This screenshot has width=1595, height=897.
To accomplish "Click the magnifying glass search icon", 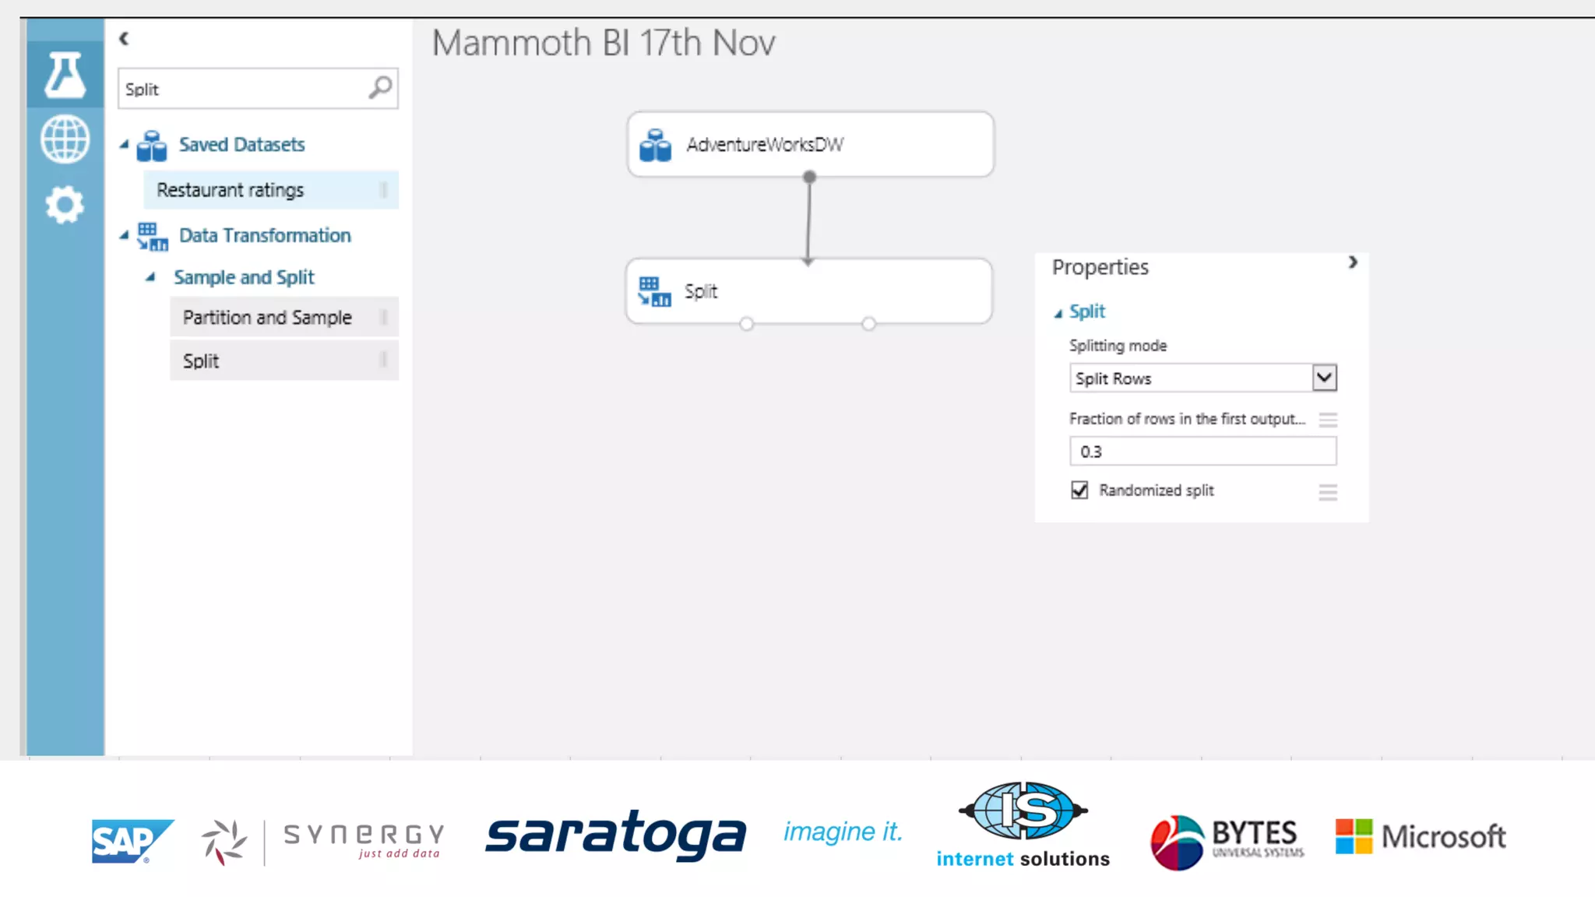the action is (x=380, y=87).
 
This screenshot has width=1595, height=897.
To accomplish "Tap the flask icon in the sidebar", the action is (x=65, y=76).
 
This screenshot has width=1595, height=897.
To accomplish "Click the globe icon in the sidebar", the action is (x=65, y=139).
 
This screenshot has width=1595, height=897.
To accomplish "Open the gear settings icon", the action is (x=65, y=205).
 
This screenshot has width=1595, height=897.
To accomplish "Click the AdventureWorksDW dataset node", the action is (x=810, y=144).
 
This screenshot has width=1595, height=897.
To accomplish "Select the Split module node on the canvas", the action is (x=808, y=290).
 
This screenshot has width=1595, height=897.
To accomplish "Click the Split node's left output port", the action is (x=746, y=324).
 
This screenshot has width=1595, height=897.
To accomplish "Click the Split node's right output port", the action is (x=868, y=324).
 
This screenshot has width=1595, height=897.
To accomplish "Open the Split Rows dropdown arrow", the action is (x=1324, y=378).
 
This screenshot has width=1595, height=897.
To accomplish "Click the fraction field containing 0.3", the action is (x=1202, y=452).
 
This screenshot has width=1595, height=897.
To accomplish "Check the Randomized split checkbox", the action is (x=1079, y=490).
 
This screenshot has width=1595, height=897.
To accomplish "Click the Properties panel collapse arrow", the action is (x=1353, y=263).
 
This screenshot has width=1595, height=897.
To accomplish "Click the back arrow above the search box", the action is (x=124, y=38).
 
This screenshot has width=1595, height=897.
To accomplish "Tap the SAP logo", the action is (x=131, y=841).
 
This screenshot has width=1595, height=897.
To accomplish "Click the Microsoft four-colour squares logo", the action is (x=1354, y=836).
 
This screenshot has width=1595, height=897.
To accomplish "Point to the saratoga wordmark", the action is (x=615, y=835).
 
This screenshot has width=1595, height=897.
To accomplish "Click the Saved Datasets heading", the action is (x=241, y=145).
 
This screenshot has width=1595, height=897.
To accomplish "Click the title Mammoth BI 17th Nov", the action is (x=604, y=43).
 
